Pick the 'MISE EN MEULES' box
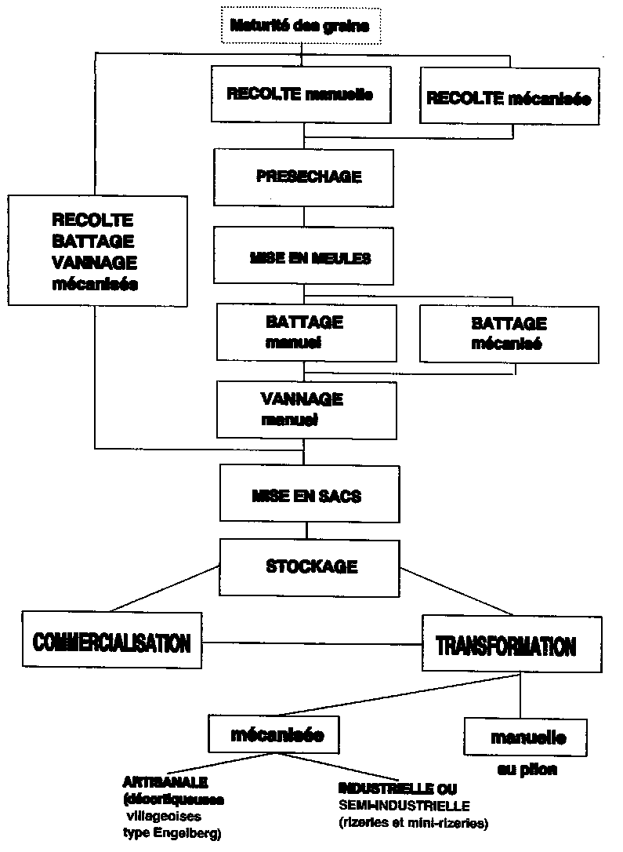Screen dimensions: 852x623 [303, 256]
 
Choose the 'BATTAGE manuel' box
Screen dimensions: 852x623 [303, 333]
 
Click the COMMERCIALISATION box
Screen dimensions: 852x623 [110, 644]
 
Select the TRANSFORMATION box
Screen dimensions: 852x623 [505, 646]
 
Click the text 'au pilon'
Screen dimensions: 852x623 [527, 770]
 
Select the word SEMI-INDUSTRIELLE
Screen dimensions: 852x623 [404, 806]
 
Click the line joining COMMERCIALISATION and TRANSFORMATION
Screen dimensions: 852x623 [310, 644]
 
